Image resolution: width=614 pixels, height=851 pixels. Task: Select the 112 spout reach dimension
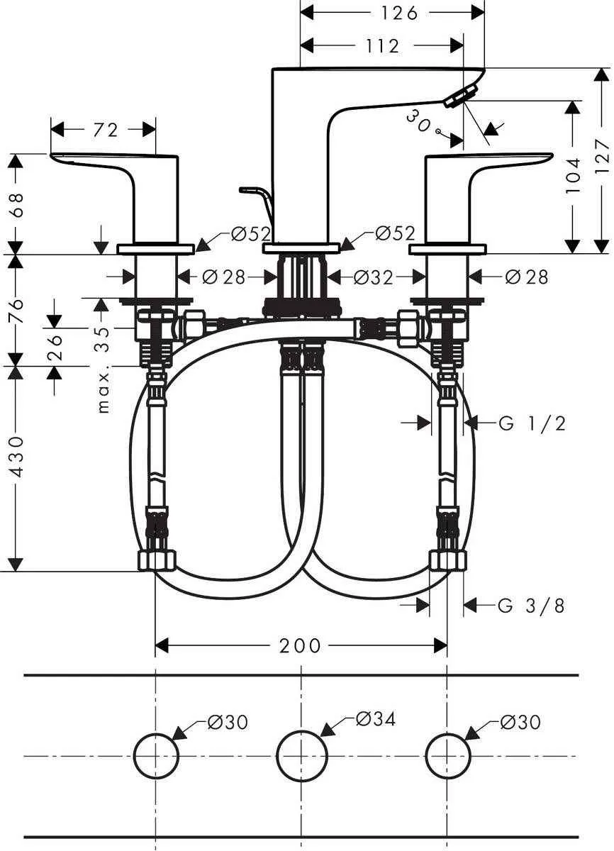384,46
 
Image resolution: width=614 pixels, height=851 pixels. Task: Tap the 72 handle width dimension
104,129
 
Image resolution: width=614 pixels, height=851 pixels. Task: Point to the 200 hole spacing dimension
300,646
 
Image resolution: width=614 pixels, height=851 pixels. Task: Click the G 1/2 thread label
532,423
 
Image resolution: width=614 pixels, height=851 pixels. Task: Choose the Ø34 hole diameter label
375,719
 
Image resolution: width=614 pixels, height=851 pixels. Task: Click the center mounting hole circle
301,756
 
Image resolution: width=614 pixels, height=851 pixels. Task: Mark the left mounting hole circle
156,756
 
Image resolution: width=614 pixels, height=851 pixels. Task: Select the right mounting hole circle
447,756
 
